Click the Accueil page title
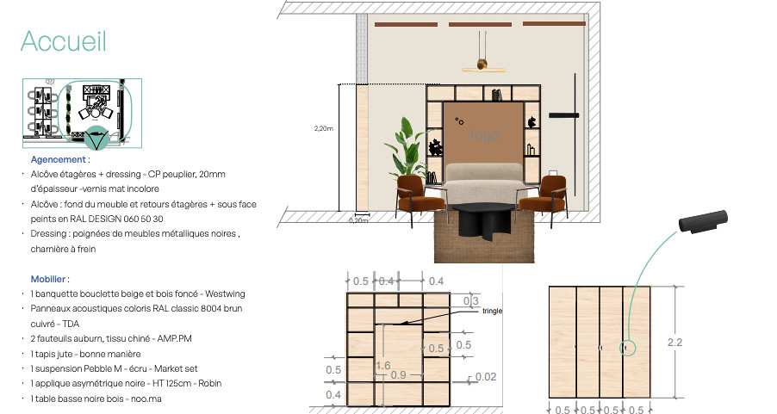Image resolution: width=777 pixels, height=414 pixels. pyautogui.click(x=64, y=41)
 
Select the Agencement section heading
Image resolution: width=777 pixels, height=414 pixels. pyautogui.click(x=59, y=160)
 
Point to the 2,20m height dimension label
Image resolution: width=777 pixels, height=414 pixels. pyautogui.click(x=324, y=128)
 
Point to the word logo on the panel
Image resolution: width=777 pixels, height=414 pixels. pyautogui.click(x=484, y=135)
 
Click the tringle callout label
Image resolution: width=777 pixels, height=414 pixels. pyautogui.click(x=492, y=311)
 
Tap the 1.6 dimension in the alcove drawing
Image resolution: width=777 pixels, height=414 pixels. pyautogui.click(x=383, y=365)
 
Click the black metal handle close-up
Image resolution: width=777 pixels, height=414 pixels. pyautogui.click(x=704, y=222)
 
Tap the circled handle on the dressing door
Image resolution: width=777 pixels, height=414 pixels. pyautogui.click(x=625, y=349)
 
